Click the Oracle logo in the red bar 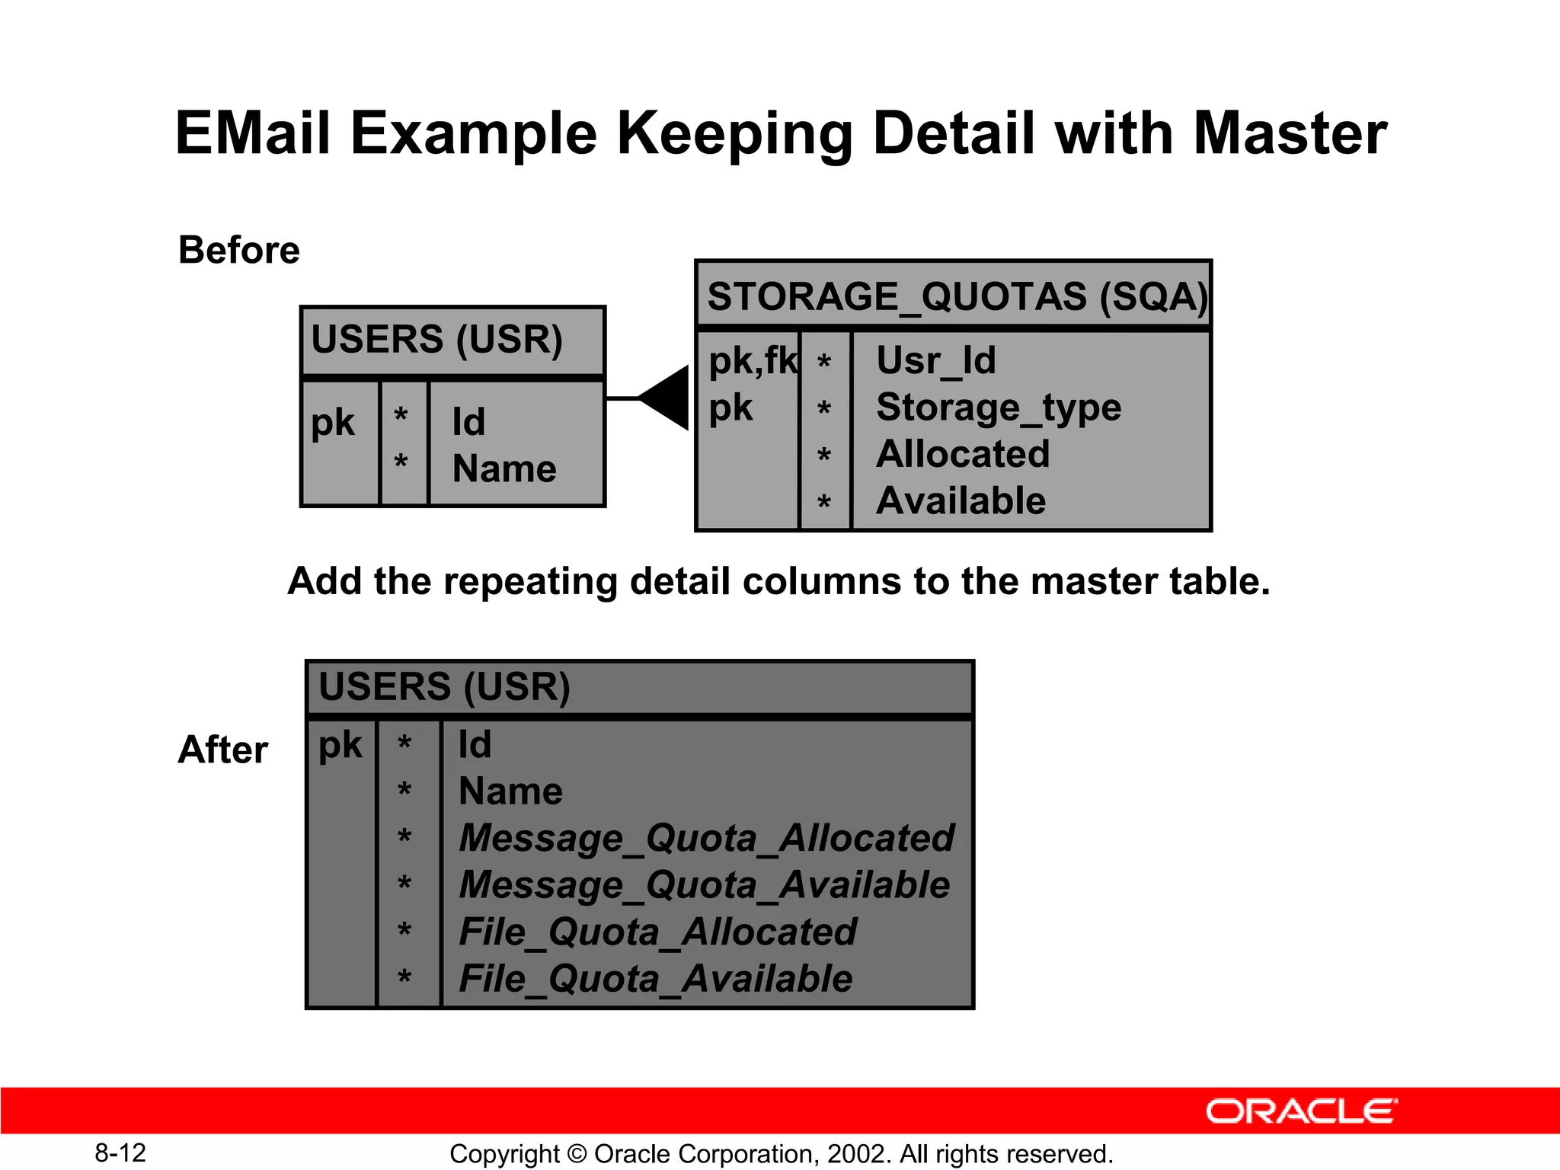point(1301,1111)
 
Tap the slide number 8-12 point(120,1152)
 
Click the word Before point(239,250)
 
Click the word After point(222,750)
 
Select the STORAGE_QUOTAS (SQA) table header point(956,296)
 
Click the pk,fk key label point(752,360)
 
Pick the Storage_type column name point(999,408)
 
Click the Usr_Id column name point(935,360)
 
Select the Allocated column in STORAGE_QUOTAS point(963,454)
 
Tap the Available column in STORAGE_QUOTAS point(961,501)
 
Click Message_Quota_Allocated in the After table point(706,838)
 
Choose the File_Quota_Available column point(655,979)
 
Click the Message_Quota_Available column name point(704,885)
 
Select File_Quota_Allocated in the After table point(657,932)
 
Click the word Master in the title point(1290,133)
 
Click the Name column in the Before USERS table point(503,468)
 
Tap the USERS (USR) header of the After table point(444,686)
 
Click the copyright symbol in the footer point(577,1154)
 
